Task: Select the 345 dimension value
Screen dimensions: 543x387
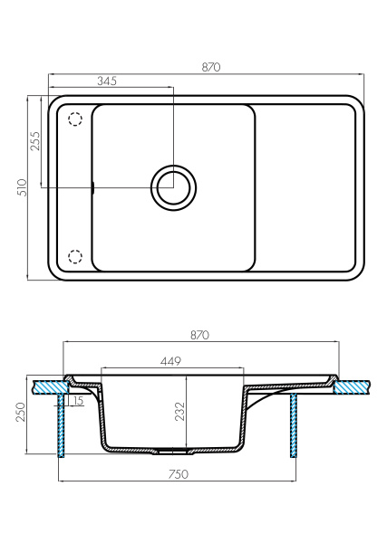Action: (x=107, y=81)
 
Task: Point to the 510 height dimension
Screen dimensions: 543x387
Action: (x=21, y=186)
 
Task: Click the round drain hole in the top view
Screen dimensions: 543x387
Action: (x=172, y=187)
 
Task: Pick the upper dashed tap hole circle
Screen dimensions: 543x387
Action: (x=74, y=119)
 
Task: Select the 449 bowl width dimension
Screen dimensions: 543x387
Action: (x=172, y=362)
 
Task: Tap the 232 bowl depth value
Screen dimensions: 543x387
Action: (x=179, y=411)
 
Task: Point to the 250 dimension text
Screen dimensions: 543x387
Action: (x=20, y=414)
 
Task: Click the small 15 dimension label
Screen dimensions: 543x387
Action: (x=78, y=401)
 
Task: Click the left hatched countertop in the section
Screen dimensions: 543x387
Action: (x=47, y=386)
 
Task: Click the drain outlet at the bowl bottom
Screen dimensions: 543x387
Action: (x=172, y=450)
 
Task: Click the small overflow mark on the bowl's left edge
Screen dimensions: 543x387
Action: (x=92, y=187)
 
